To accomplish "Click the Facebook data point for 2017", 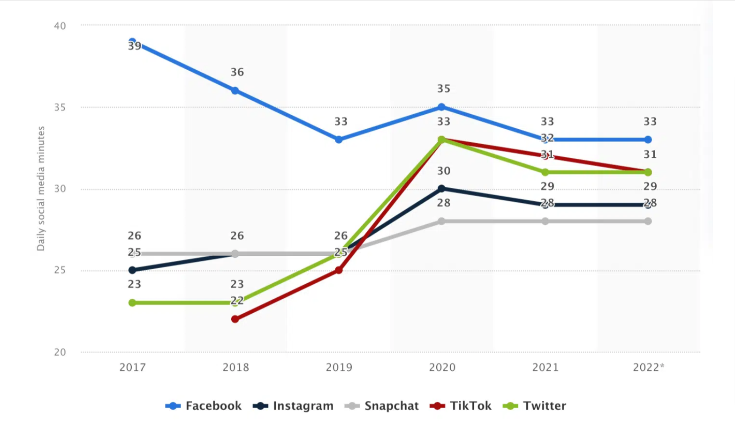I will pos(132,42).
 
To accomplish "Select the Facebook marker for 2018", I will pos(235,91).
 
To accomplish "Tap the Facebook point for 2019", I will pos(339,140).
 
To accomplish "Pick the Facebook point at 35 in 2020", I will pos(441,107).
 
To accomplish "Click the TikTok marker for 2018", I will pos(235,319).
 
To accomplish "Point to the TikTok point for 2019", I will pos(339,270).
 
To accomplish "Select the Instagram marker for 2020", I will pos(441,189).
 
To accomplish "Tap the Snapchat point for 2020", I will pos(441,221).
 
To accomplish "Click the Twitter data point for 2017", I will pos(132,303).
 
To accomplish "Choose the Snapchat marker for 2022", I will pos(648,221).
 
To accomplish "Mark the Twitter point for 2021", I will pos(545,172).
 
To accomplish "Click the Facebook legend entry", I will pos(204,406).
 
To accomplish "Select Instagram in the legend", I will pos(293,406).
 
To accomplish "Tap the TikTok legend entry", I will pos(461,406).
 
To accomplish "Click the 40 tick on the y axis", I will pos(60,26).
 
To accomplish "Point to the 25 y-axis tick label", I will pos(60,271).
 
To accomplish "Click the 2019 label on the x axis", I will pos(339,368).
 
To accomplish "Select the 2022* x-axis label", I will pos(648,368).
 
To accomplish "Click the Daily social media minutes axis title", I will pos(41,189).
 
